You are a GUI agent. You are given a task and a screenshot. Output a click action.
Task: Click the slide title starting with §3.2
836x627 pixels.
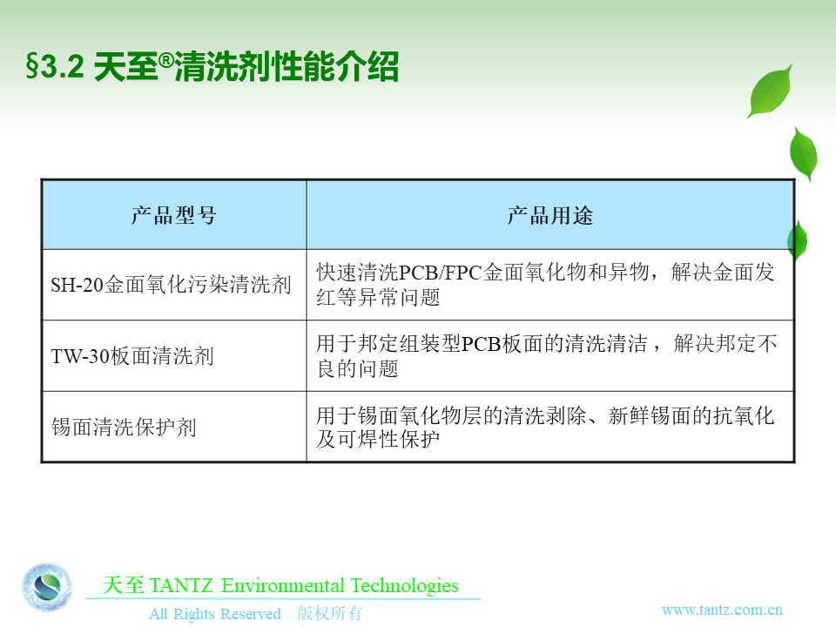[x=212, y=67]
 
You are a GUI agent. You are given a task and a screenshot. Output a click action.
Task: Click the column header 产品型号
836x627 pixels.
[x=174, y=215]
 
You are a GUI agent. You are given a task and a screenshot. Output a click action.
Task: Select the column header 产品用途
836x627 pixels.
[x=550, y=215]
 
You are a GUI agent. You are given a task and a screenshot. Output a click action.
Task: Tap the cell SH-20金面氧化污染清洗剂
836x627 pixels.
[x=172, y=285]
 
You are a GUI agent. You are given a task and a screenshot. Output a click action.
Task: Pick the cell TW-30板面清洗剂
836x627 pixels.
[x=132, y=356]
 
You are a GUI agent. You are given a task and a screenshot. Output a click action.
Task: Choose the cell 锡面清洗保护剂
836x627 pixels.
[x=125, y=427]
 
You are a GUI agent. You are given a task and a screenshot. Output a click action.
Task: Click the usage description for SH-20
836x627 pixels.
[x=545, y=285]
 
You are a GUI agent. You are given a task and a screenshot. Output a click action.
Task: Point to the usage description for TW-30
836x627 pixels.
[x=547, y=355]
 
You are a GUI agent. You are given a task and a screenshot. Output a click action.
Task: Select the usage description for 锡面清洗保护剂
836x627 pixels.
[x=545, y=427]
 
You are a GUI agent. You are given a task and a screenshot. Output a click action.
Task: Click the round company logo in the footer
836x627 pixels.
[x=47, y=587]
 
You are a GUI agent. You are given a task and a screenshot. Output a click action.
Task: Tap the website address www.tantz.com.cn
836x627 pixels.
[x=722, y=610]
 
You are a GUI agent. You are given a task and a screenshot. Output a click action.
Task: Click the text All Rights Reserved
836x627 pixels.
[x=215, y=614]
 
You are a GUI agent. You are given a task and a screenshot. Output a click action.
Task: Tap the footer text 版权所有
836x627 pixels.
[x=329, y=613]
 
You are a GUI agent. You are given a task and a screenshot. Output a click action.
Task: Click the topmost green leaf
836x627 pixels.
[x=771, y=91]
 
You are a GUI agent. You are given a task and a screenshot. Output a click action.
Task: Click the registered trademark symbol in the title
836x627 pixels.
[x=166, y=60]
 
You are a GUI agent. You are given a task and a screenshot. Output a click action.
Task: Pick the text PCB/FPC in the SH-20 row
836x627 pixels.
[x=441, y=273]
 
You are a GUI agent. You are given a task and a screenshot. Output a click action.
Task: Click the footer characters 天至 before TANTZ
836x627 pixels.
[x=123, y=585]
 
